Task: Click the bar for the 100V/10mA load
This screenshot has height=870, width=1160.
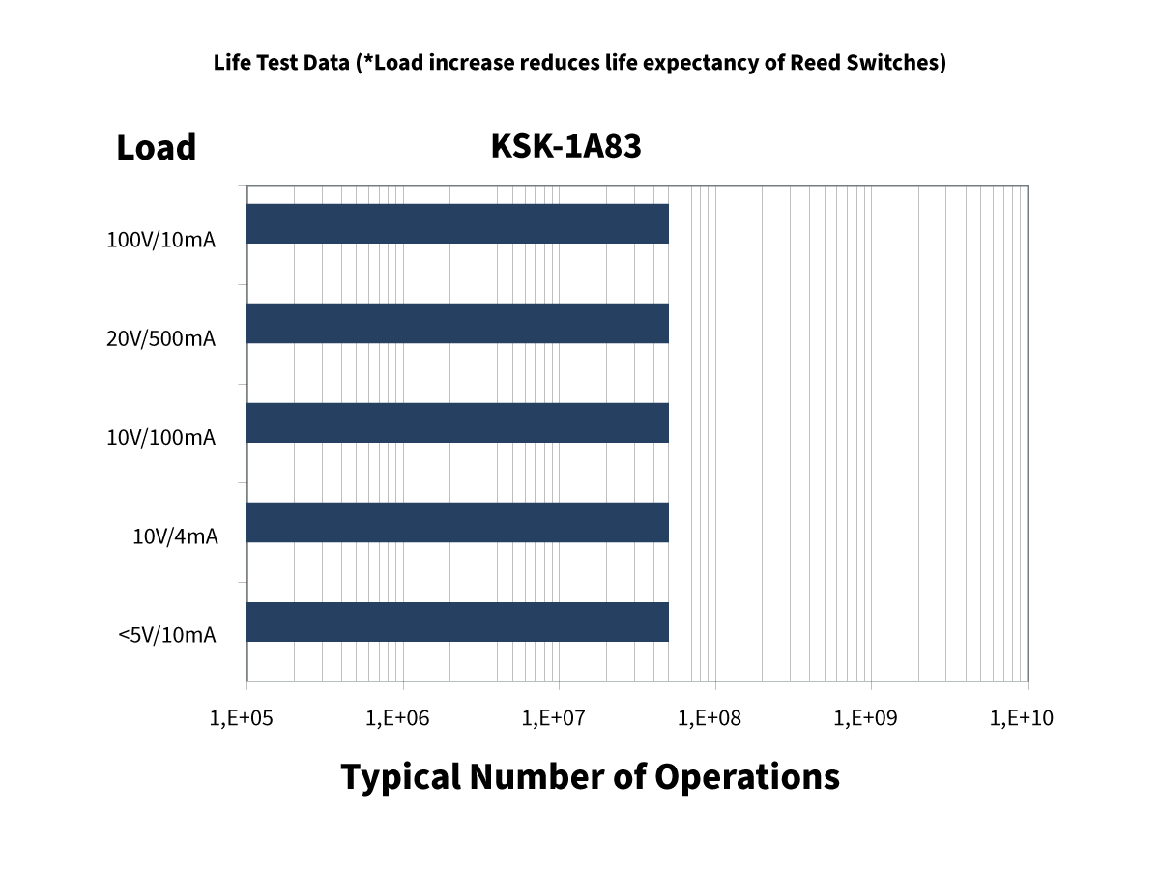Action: point(457,223)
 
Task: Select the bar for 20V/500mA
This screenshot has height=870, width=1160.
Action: point(457,323)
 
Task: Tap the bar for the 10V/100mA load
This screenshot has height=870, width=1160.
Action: point(457,422)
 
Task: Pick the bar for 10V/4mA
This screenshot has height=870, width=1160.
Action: point(457,522)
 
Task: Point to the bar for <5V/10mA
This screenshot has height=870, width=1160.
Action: point(457,622)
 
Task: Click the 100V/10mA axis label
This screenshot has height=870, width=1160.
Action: point(160,240)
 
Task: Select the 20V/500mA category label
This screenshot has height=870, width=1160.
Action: point(160,339)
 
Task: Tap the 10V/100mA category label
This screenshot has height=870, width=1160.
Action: point(160,438)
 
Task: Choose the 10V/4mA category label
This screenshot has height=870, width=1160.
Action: point(175,536)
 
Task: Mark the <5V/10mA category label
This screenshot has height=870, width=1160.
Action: point(166,635)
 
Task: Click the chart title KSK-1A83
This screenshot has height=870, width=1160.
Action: point(565,146)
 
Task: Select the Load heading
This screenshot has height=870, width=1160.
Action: point(156,148)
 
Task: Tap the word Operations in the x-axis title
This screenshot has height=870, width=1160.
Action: point(746,776)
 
